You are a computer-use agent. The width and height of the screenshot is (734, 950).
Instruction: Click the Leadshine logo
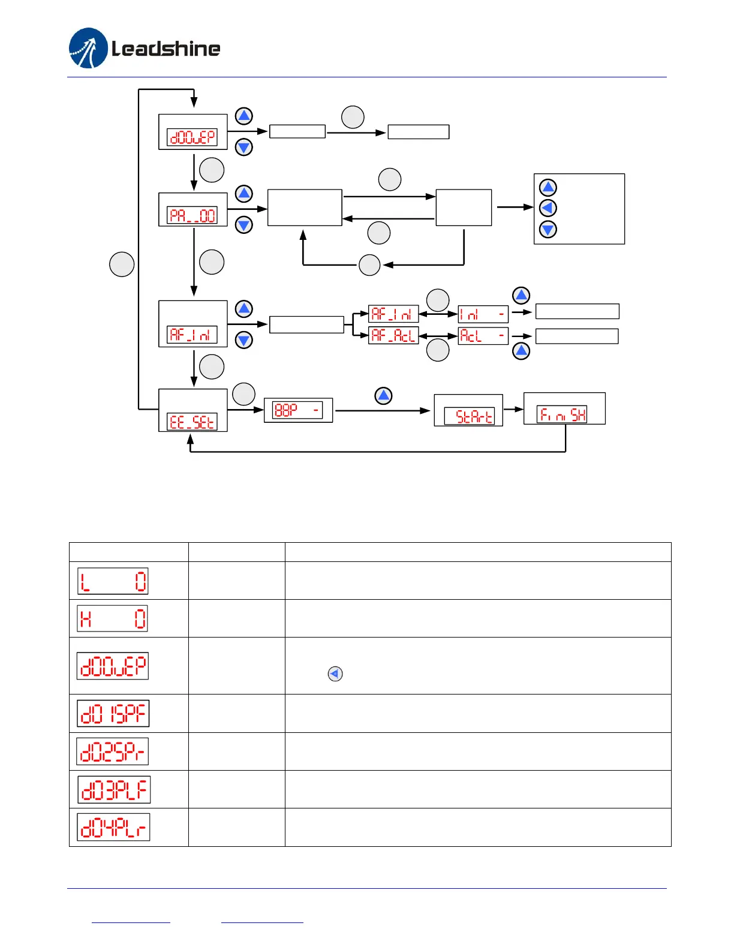click(x=145, y=48)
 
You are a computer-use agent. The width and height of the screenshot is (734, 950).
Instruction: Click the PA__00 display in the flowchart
click(x=192, y=215)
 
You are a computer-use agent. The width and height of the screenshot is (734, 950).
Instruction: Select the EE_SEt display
click(x=192, y=422)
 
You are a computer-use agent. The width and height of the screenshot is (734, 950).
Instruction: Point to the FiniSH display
click(x=561, y=414)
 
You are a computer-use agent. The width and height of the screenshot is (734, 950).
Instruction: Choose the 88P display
click(x=297, y=410)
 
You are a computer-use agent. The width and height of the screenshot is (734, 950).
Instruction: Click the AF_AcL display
click(x=393, y=335)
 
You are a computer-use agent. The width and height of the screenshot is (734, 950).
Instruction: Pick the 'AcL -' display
click(x=483, y=335)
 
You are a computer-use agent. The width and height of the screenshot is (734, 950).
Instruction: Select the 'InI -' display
click(x=483, y=314)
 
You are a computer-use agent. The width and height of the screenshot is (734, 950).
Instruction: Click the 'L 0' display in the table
click(x=113, y=581)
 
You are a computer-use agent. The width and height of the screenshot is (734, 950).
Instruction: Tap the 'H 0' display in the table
click(x=113, y=618)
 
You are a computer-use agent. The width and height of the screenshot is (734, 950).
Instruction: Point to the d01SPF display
click(x=113, y=713)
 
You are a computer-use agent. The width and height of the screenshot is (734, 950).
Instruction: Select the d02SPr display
click(x=113, y=751)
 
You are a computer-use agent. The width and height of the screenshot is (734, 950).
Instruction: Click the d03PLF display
click(x=114, y=790)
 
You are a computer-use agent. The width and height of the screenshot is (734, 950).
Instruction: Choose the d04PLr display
click(x=113, y=828)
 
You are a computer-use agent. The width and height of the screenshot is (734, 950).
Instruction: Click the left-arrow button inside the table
click(x=335, y=674)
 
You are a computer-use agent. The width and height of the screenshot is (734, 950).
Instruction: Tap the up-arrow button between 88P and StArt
click(x=383, y=396)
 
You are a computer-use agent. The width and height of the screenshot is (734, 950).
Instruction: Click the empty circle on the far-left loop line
click(x=122, y=264)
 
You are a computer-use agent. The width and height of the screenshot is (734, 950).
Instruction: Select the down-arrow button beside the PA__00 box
click(x=243, y=225)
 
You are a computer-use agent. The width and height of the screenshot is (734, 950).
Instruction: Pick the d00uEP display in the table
click(x=113, y=666)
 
